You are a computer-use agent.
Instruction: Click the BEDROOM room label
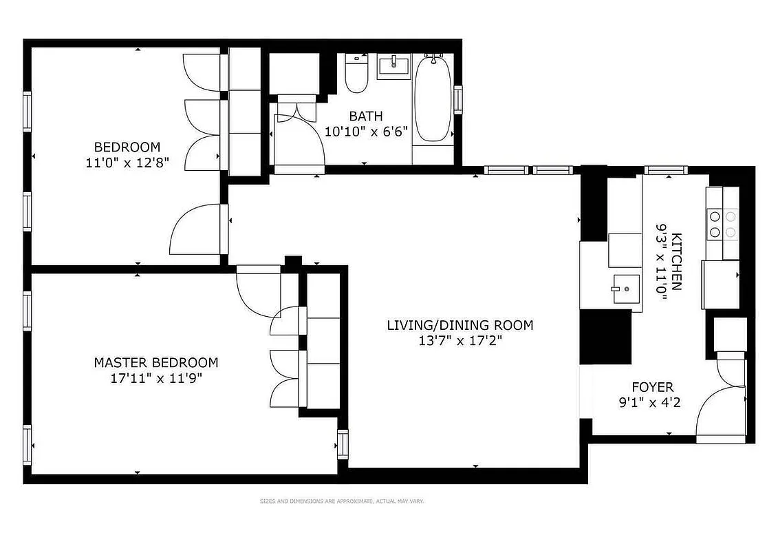pyautogui.click(x=127, y=147)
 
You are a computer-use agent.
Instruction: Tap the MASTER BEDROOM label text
pyautogui.click(x=155, y=362)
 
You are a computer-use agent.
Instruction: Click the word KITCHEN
pyautogui.click(x=677, y=262)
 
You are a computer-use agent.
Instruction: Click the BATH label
pyautogui.click(x=365, y=116)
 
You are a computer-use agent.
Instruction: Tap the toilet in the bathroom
pyautogui.click(x=356, y=74)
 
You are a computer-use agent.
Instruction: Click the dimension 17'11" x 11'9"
pyautogui.click(x=155, y=377)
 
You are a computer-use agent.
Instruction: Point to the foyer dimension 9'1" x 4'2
pyautogui.click(x=649, y=402)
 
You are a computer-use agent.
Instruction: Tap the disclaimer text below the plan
pyautogui.click(x=341, y=501)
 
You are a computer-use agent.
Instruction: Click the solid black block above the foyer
pyautogui.click(x=605, y=337)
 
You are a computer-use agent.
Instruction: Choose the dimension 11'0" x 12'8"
pyautogui.click(x=127, y=163)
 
